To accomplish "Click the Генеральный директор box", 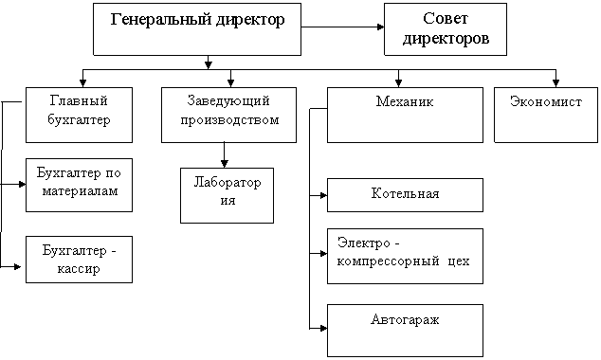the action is [x=197, y=28].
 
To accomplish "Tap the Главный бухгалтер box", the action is [x=78, y=114].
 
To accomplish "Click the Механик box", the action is [x=405, y=114].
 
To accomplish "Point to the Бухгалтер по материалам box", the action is [x=78, y=184].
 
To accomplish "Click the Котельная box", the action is [x=405, y=194].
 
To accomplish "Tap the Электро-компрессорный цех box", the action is [x=405, y=255].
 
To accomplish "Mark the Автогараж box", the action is [x=405, y=328].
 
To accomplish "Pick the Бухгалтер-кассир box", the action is [x=78, y=260].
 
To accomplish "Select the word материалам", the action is [x=78, y=192].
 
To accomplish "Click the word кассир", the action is [x=78, y=269].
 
